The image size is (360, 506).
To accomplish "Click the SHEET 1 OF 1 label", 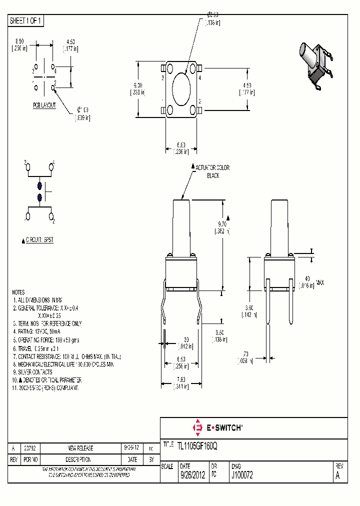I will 26,21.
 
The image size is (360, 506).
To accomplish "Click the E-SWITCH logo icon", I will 196,427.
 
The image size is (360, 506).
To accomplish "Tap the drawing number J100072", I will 242,476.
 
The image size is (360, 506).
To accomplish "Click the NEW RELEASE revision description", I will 80,448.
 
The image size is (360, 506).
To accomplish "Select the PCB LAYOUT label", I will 44,105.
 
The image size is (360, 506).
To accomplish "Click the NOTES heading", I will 19,292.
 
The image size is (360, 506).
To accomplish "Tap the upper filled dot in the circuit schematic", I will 39,185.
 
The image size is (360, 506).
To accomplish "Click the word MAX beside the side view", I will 320,283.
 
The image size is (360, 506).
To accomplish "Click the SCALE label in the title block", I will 167,466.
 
